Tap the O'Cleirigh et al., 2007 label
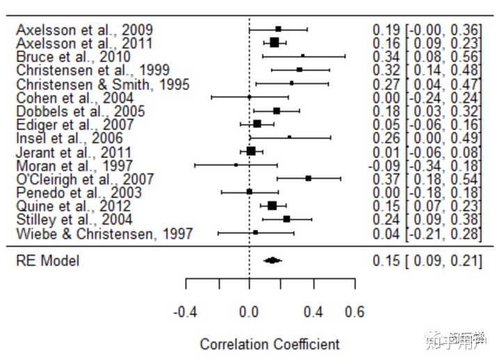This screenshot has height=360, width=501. pos(83,179)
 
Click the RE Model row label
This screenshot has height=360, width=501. pos(48,261)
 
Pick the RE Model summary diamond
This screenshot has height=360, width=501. pos(272,260)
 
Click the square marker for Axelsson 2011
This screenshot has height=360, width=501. pos(274,42)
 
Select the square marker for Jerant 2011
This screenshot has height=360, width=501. pos(251,151)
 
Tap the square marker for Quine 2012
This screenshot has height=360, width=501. pos(272,205)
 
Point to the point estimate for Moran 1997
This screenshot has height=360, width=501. pos(236,165)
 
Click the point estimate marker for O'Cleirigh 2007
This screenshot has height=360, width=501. pos(308,178)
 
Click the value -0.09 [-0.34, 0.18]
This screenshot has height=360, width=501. pos(427,166)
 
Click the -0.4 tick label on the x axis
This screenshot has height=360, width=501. pos(186,313)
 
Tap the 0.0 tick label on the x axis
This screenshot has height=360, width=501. pos(249,313)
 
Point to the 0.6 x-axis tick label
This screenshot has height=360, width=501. pos(355,313)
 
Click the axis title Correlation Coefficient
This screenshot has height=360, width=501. pos(270,344)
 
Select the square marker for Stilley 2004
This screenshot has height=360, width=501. pos(287,219)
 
